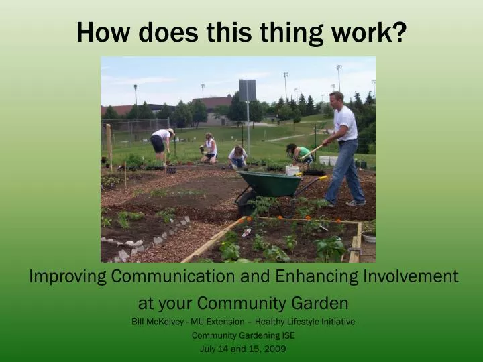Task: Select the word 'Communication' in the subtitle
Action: [x=191, y=276]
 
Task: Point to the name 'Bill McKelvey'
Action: [x=158, y=322]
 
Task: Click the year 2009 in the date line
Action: [x=275, y=349]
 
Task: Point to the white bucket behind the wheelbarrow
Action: [x=292, y=170]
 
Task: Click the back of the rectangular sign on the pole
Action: [x=248, y=90]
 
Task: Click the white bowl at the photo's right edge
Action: [x=369, y=236]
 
